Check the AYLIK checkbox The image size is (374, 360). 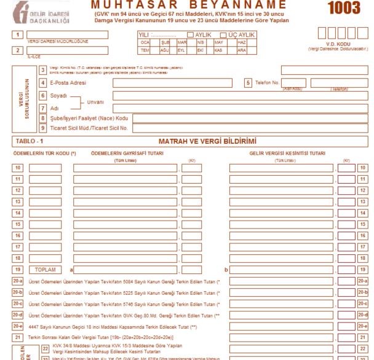coord(191,34)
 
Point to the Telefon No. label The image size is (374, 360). coord(263,83)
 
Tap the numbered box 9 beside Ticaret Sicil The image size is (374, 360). coord(43,128)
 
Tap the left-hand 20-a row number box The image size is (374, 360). coord(18,281)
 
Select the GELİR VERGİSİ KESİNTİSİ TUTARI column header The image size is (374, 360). coord(287,154)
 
